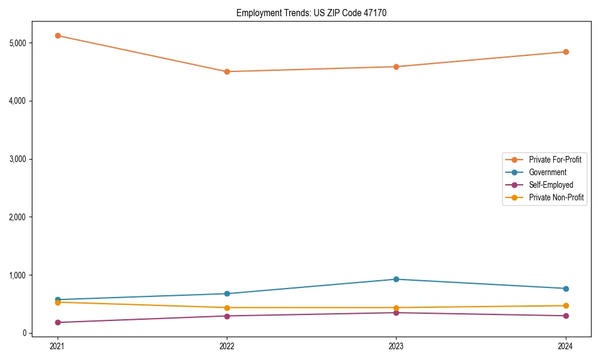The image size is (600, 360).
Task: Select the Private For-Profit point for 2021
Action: coord(58,35)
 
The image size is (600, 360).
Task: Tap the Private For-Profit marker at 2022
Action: coord(227,71)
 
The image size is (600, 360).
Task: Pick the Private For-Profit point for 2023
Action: coord(396,67)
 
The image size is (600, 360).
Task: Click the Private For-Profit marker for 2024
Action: coord(566,52)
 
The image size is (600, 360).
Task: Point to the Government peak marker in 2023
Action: coord(396,279)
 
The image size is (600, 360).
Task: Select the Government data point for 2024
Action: coord(566,289)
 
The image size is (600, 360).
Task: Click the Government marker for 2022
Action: coord(227,293)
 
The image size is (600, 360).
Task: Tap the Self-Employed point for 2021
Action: coord(58,322)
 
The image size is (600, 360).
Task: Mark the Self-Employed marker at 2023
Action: coord(396,313)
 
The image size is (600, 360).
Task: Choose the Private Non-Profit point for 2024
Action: coord(566,305)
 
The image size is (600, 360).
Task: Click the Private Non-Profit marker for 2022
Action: coord(227,308)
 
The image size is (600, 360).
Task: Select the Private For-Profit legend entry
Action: coord(554,160)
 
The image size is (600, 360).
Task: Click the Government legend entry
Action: coord(547,172)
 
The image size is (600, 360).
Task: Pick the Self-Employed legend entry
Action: coord(551,185)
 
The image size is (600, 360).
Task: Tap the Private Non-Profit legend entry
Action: coord(556,197)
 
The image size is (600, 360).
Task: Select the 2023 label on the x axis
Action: coord(396,346)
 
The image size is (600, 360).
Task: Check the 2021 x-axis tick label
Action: coord(58,346)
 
